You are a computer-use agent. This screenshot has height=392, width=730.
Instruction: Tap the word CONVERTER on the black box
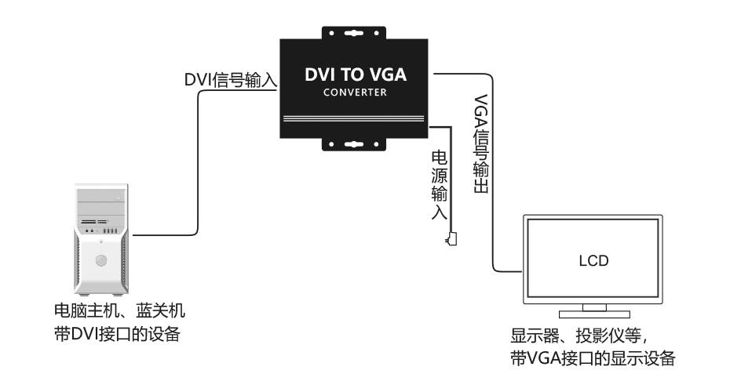(356, 93)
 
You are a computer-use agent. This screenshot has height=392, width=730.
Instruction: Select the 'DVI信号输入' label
(232, 80)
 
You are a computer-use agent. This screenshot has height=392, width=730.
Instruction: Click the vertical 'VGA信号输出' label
(481, 146)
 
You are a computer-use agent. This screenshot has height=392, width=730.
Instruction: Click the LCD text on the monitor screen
(593, 260)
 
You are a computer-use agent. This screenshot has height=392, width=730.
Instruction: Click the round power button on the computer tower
(100, 260)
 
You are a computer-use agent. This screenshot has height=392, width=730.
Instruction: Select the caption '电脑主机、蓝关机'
(115, 311)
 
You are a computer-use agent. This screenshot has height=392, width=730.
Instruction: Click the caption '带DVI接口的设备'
(115, 335)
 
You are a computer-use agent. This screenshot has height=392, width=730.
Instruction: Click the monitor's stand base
(593, 318)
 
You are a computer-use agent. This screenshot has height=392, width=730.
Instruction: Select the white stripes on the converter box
(356, 119)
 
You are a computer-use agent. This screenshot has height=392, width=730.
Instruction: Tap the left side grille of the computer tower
(78, 259)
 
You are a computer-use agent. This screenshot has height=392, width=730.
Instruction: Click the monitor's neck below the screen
(593, 307)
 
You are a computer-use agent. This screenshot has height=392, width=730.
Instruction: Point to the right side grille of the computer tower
(124, 259)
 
